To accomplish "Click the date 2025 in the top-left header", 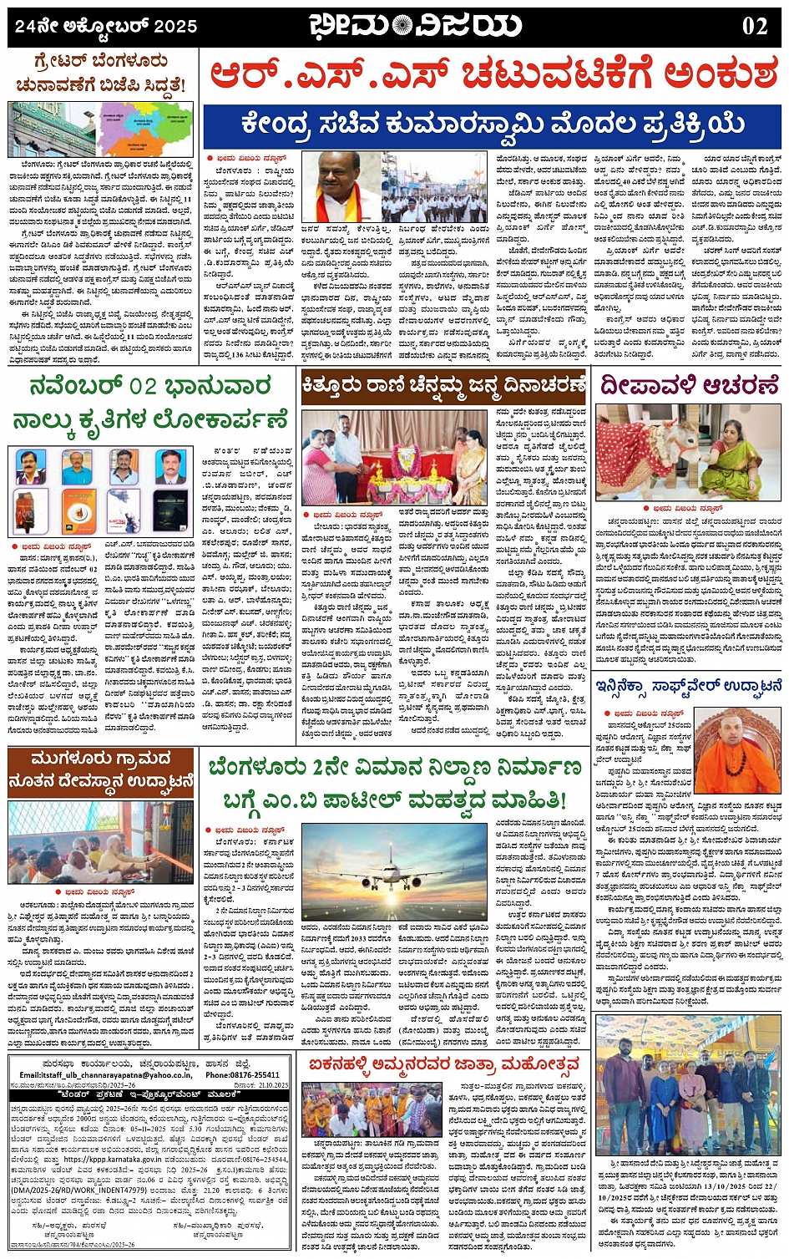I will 176,26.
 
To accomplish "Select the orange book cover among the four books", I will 77,511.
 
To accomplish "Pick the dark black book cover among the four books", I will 170,511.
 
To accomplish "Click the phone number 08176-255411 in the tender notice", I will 243,1075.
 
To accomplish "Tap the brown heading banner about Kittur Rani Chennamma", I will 444,385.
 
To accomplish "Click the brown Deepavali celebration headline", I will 689,385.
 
